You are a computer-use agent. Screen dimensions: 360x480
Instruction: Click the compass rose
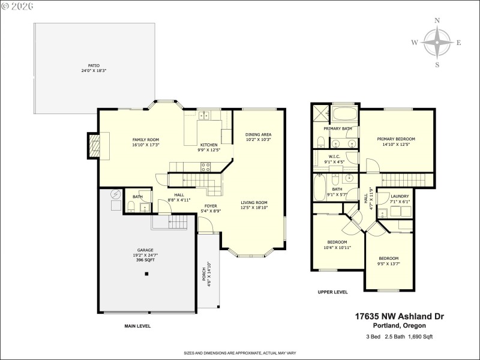437,43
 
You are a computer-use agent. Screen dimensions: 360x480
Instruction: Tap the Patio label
89,68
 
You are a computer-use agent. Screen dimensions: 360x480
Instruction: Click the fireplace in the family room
94,145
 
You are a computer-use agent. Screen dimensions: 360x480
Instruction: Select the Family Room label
146,142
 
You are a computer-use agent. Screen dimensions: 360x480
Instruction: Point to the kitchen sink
205,115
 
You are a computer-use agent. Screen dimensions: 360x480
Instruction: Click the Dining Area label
259,137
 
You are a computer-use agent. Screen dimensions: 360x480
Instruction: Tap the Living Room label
254,205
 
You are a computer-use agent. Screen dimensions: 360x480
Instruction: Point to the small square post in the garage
146,274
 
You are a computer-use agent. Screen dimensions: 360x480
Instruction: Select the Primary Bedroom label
396,142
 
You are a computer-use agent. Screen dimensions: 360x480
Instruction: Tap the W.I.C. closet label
335,159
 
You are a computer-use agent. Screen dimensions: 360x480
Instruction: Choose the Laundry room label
400,199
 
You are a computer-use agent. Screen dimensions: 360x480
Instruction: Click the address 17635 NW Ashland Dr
399,316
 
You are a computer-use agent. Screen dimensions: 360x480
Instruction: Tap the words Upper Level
333,292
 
